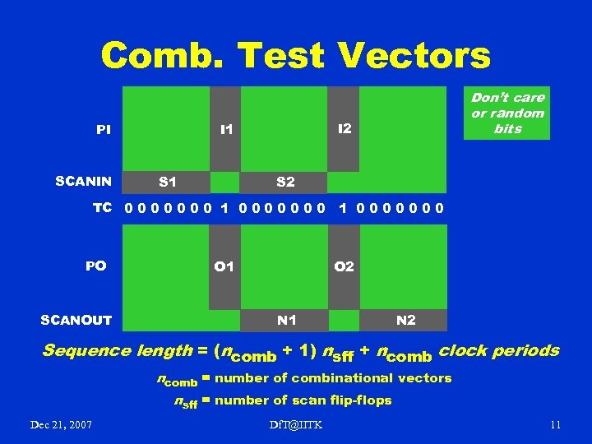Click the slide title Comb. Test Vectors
[x=296, y=56]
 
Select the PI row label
[x=104, y=129]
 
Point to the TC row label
[x=102, y=208]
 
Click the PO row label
[x=96, y=266]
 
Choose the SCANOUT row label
[x=76, y=319]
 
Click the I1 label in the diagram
[x=225, y=129]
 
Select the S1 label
[x=168, y=181]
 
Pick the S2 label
[x=285, y=181]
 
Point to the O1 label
[x=224, y=266]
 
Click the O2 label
[x=344, y=266]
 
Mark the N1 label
[x=287, y=319]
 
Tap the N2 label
[x=405, y=319]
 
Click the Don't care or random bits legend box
[x=507, y=113]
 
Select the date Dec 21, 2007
[x=61, y=424]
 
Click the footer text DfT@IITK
[x=296, y=424]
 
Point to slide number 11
[x=555, y=424]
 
